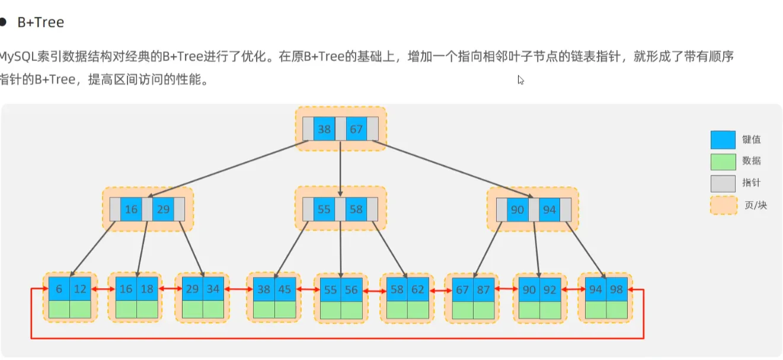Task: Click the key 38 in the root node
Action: [324, 129]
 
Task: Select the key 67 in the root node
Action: [356, 129]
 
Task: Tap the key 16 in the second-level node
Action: [131, 209]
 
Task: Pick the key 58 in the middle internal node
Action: [356, 209]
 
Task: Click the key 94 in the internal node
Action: [549, 209]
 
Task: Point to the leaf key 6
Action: [59, 289]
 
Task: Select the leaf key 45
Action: [285, 289]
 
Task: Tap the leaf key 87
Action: [484, 289]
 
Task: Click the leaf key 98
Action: [616, 289]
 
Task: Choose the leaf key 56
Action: [351, 290]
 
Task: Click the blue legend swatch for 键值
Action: [723, 140]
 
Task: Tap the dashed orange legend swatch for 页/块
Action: [723, 206]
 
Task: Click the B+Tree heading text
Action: [41, 23]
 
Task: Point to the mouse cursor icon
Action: [520, 79]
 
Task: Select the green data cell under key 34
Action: [214, 309]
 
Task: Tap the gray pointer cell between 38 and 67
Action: [340, 129]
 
